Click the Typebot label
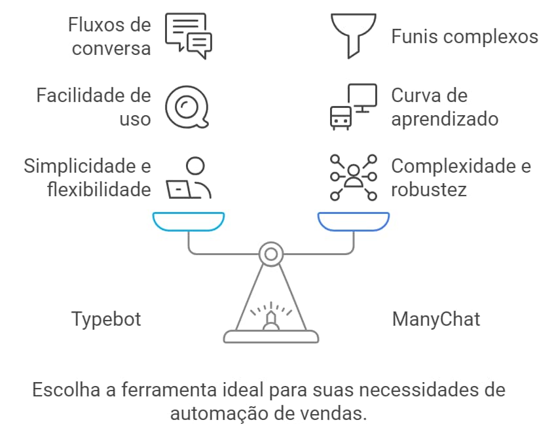106,319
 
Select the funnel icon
354,35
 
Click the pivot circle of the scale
270,253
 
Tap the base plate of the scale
270,337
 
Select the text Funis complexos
464,36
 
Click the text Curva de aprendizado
445,107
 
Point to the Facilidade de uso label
94,107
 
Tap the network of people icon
354,177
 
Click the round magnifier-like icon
187,107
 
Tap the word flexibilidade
100,190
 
